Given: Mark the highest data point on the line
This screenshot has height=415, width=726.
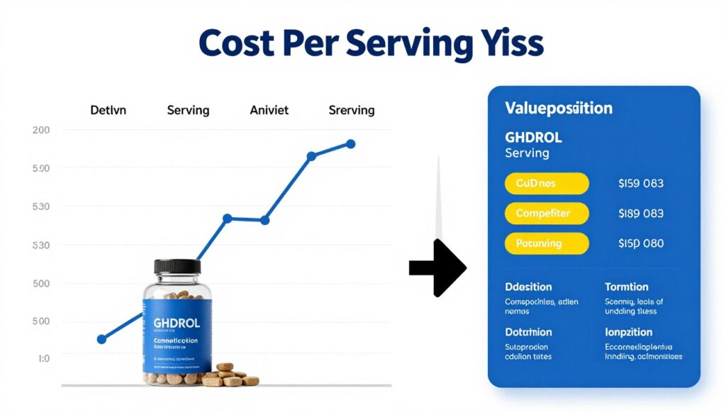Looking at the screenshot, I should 350,144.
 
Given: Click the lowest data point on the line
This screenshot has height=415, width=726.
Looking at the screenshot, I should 101,339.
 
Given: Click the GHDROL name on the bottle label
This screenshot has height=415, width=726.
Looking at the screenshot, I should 177,323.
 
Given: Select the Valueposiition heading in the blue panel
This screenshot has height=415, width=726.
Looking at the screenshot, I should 558,109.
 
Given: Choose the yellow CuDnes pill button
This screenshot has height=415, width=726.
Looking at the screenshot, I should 547,183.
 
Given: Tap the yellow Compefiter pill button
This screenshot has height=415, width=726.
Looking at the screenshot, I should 547,212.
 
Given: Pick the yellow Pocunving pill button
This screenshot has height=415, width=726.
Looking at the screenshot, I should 547,243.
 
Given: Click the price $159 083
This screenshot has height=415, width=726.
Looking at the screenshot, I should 640,183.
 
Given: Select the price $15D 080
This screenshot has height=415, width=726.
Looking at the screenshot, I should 640,243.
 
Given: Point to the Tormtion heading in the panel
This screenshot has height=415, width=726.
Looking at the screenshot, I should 626,287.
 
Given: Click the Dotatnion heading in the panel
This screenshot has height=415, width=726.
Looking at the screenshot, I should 528,331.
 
